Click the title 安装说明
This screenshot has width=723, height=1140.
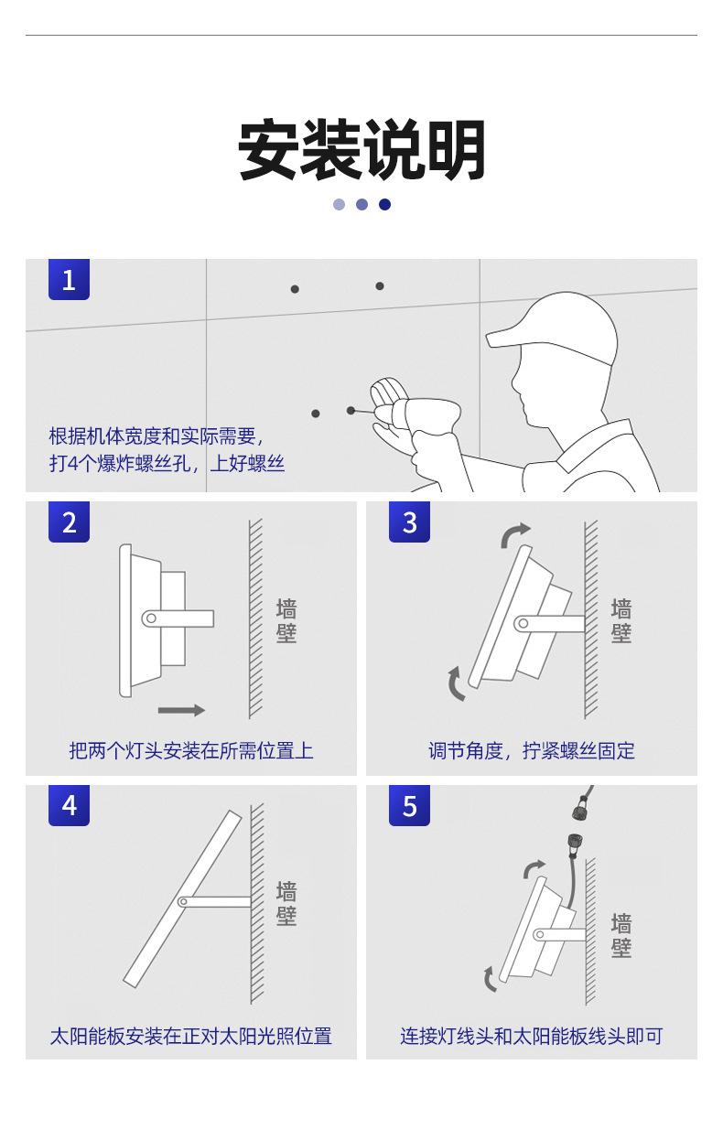361,151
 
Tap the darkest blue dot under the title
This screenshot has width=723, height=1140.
384,204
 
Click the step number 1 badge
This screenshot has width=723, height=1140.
69,279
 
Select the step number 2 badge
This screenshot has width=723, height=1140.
69,522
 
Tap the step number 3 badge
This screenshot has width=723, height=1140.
409,522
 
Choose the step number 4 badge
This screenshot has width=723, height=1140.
69,805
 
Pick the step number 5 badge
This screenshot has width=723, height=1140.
409,805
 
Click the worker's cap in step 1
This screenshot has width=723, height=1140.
555,324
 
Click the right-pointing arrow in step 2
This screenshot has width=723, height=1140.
181,710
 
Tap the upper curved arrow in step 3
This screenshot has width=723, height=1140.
515,534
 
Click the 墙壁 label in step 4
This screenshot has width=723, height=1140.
286,903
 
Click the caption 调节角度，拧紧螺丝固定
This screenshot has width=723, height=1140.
531,751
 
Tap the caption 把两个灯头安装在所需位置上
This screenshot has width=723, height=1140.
190,751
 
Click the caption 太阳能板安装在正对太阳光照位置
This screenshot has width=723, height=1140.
190,1037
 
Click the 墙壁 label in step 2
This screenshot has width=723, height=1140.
286,621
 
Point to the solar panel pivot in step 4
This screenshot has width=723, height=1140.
183,901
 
